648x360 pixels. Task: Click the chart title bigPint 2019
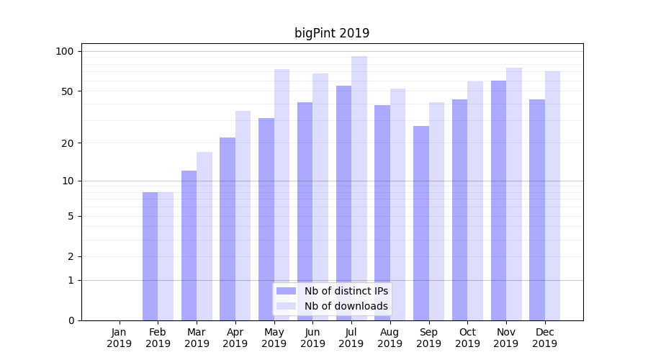(x=332, y=33)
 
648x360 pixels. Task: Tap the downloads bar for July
(x=359, y=188)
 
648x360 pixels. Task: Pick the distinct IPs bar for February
(x=150, y=256)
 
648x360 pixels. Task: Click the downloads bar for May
(x=282, y=194)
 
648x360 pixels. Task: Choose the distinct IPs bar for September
(x=420, y=223)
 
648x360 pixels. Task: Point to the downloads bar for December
(x=552, y=196)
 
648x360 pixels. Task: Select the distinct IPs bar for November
(x=498, y=200)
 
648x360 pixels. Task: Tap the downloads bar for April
(x=243, y=215)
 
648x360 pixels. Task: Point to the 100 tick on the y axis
(x=65, y=51)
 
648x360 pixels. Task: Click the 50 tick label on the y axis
(x=67, y=91)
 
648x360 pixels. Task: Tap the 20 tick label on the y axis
(x=67, y=143)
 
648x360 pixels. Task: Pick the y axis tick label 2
(x=70, y=257)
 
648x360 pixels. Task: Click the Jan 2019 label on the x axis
(x=120, y=338)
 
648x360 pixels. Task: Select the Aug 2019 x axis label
(x=390, y=338)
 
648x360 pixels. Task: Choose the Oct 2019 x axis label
(x=467, y=338)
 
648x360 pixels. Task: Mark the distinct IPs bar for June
(x=305, y=211)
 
